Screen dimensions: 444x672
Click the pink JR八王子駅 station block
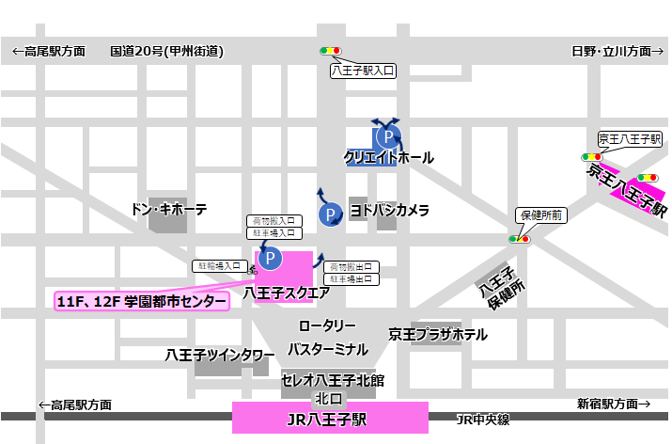click(x=330, y=417)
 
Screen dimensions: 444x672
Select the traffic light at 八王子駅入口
click(x=331, y=51)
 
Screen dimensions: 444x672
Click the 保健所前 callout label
click(x=539, y=214)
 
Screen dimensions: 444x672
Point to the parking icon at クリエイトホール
click(x=385, y=136)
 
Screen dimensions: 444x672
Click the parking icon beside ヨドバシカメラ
click(x=330, y=215)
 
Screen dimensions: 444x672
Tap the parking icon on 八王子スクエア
click(x=270, y=257)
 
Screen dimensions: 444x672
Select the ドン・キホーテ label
click(x=168, y=209)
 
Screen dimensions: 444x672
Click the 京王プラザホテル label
click(x=438, y=334)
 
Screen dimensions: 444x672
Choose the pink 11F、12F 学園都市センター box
click(x=141, y=301)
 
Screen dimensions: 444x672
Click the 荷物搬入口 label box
click(x=273, y=220)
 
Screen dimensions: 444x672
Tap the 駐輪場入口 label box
click(x=221, y=266)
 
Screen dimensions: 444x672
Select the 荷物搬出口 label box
click(x=351, y=266)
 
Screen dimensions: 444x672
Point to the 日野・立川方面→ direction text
click(x=611, y=51)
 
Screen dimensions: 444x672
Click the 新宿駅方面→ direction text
click(x=613, y=404)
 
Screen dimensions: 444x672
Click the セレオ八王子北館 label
click(x=333, y=381)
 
